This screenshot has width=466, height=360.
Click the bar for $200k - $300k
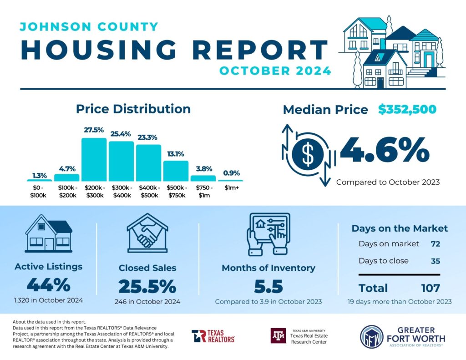tap(94, 159)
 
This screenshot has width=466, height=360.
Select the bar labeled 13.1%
tap(176, 171)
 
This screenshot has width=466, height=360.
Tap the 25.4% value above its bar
tap(121, 134)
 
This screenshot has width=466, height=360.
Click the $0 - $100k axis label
tap(39, 192)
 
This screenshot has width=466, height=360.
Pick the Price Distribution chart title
tap(133, 109)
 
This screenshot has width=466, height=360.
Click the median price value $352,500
tap(407, 110)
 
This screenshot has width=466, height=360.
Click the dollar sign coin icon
tap(308, 155)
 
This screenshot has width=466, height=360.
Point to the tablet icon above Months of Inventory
tap(268, 235)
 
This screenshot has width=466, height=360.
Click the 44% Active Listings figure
tap(48, 285)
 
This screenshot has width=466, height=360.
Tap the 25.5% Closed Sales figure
tap(147, 286)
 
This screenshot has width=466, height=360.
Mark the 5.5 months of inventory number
tap(268, 287)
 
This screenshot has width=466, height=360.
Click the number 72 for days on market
tap(435, 244)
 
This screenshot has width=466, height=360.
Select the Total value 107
tap(430, 288)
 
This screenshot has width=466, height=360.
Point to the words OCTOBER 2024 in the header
tap(275, 71)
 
